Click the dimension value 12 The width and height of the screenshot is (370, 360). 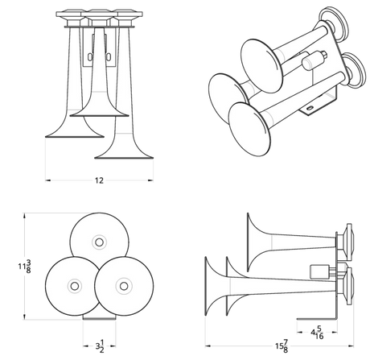click(99, 180)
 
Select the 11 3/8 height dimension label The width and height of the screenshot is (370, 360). click(24, 267)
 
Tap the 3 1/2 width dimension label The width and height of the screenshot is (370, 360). click(100, 346)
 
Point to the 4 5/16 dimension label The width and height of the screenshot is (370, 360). click(317, 333)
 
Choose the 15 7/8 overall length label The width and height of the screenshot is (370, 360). click(282, 346)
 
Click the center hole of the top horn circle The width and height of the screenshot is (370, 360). click(99, 242)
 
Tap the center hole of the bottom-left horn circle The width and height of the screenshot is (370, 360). click(75, 286)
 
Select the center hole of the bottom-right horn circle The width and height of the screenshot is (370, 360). click(124, 286)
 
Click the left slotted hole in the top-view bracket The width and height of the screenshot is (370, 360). click(89, 56)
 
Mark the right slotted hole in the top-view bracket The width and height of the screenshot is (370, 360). click(109, 56)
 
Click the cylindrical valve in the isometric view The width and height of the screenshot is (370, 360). click(311, 60)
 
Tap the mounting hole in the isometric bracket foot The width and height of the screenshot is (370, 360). click(310, 108)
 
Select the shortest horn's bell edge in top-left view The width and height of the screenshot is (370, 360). click(99, 116)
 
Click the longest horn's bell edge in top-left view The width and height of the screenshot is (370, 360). click(124, 158)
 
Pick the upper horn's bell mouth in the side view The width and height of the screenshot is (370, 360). click(249, 242)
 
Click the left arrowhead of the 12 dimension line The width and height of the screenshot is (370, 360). click(48, 180)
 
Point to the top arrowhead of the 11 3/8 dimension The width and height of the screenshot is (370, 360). click(25, 216)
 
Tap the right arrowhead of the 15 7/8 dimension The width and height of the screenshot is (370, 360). click(351, 346)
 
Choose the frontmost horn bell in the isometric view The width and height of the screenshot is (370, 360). click(249, 130)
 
